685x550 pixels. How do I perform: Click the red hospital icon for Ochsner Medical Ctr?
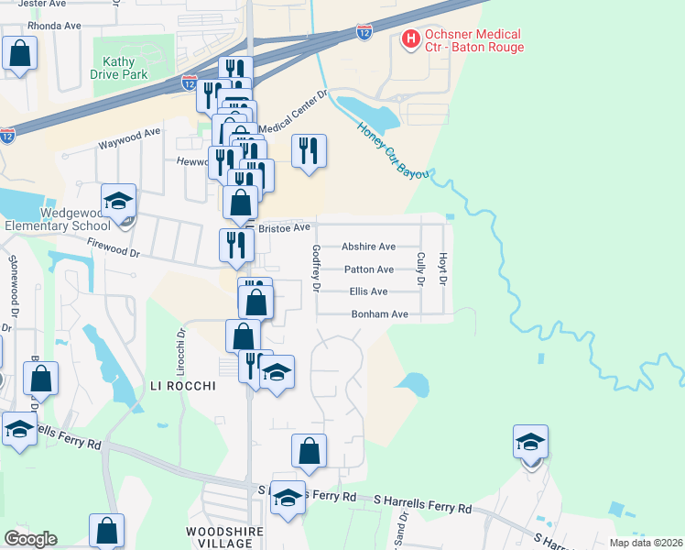click(410, 38)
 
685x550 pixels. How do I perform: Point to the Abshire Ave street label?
click(367, 247)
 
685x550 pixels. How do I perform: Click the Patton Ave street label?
click(368, 269)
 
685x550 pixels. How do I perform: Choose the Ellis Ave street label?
click(368, 291)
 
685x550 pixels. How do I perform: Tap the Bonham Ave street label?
click(379, 313)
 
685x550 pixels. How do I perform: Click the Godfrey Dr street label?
click(315, 268)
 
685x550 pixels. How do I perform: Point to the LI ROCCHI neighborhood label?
click(182, 387)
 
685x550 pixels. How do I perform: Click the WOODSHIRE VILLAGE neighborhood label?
click(224, 537)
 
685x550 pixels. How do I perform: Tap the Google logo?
click(30, 539)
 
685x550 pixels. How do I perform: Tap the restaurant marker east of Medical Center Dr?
click(309, 151)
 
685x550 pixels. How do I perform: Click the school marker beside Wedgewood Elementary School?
click(118, 201)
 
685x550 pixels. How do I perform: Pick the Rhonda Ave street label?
click(54, 26)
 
